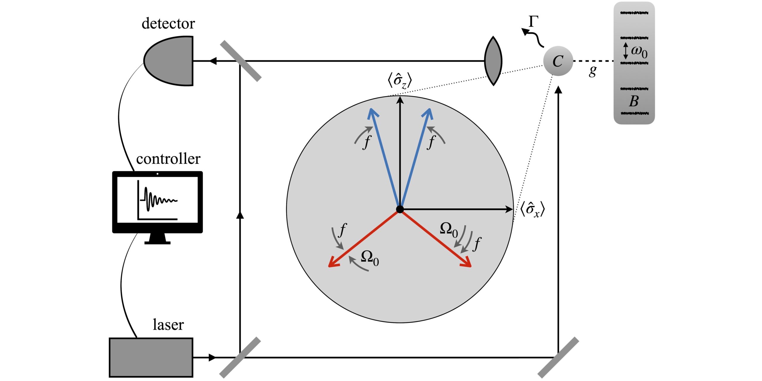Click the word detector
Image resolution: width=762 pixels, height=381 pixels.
coord(168,24)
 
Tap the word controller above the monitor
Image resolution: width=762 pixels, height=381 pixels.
coord(168,159)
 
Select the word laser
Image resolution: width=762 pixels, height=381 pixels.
coord(168,324)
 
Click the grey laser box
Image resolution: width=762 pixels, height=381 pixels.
coord(151,357)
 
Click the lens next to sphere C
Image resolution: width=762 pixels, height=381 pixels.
coord(493,61)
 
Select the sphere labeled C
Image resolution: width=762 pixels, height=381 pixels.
coord(558,61)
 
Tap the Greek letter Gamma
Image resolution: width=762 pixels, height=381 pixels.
coord(533,22)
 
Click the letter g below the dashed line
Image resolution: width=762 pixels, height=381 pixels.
coord(593,71)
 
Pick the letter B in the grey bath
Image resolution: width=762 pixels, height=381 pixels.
coord(634,101)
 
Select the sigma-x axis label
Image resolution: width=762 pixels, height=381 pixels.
coord(533,210)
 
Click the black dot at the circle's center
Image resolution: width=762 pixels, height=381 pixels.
coord(400,209)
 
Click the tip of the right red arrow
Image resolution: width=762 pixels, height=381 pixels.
coord(470,266)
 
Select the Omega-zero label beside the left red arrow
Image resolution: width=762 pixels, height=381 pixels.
coord(370,258)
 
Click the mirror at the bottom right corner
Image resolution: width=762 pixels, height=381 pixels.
coord(558,357)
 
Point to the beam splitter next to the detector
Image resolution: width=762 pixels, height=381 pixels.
coord(241,61)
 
